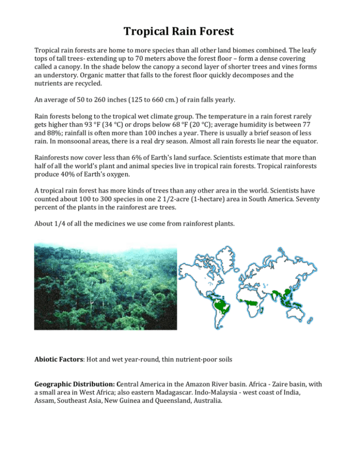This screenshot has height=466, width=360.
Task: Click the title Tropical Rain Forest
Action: tap(180, 32)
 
